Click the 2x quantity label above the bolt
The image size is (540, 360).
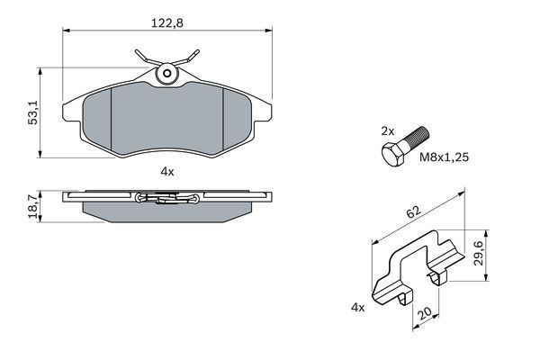(x=387, y=130)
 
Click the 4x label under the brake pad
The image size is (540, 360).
(x=166, y=169)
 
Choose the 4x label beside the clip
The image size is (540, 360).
(x=357, y=308)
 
